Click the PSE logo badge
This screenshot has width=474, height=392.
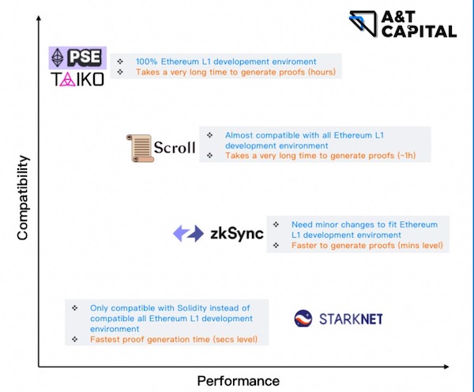[77, 58]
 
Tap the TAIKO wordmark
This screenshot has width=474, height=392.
[78, 80]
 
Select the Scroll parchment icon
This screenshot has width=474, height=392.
[139, 149]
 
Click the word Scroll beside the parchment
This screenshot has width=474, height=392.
[175, 148]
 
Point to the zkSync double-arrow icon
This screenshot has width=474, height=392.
[188, 233]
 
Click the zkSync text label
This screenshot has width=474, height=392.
[237, 234]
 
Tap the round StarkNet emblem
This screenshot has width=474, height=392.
[303, 318]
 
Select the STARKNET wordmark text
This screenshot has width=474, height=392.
[351, 319]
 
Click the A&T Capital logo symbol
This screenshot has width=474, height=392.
[363, 24]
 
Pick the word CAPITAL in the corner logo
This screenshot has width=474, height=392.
[419, 32]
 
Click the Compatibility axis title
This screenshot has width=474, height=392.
[23, 198]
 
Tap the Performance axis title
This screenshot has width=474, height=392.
[239, 381]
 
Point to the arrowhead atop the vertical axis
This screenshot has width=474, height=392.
[39, 18]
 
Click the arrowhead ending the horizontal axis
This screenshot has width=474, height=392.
[446, 367]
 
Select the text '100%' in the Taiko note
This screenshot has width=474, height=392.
[147, 62]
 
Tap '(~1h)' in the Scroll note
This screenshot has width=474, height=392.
[406, 156]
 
